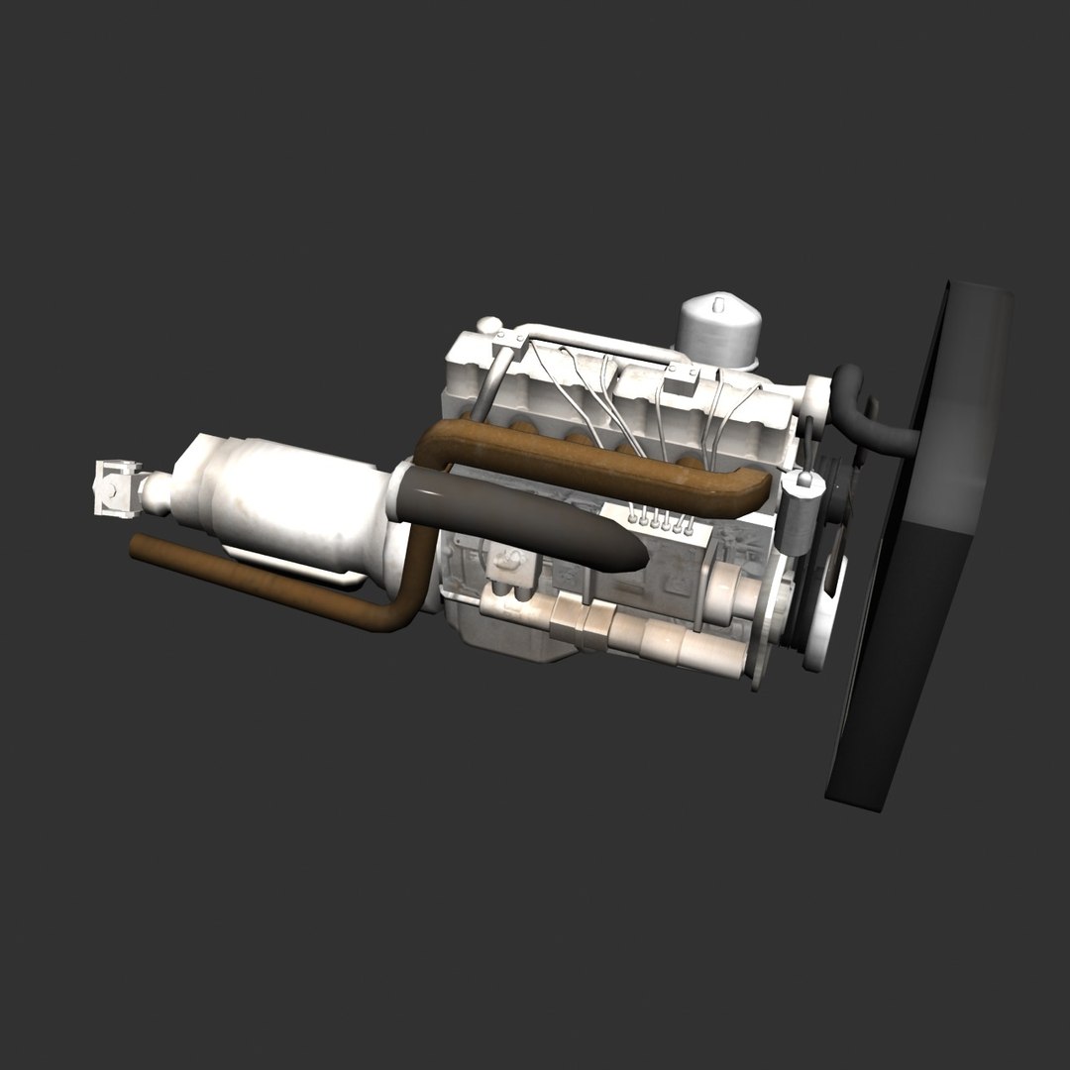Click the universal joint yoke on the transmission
[x=116, y=487]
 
